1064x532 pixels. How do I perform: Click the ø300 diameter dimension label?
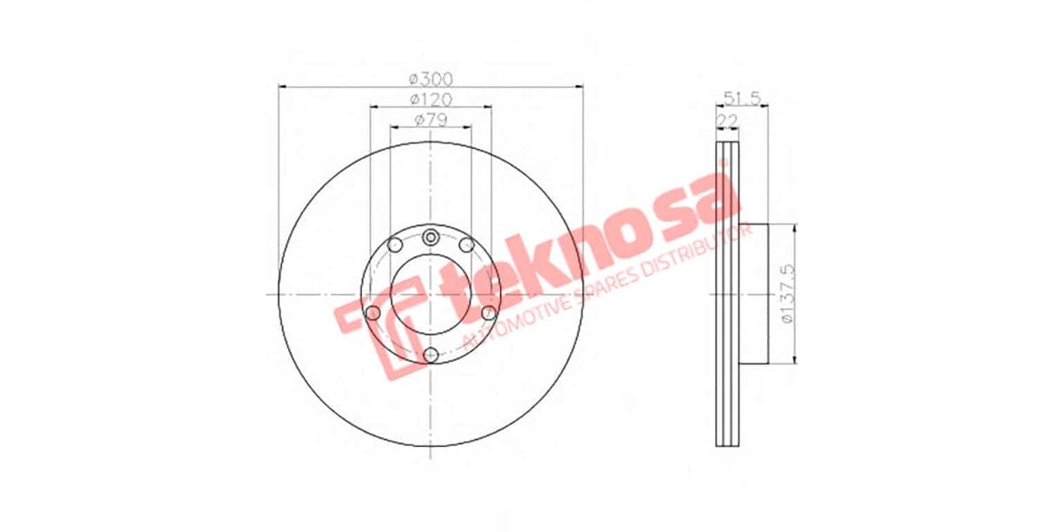(x=431, y=78)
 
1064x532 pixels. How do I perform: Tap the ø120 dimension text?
(x=431, y=98)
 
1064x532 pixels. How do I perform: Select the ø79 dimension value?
(x=431, y=120)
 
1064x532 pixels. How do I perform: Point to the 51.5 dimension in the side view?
(x=743, y=98)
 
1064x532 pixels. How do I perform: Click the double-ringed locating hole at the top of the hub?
(x=431, y=236)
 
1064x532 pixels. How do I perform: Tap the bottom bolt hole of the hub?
(x=431, y=355)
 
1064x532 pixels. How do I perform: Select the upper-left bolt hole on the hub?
(x=395, y=244)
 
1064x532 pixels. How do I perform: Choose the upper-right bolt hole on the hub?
(x=466, y=244)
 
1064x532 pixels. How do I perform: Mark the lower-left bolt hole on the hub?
(x=372, y=313)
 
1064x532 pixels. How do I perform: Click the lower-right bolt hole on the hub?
(x=489, y=313)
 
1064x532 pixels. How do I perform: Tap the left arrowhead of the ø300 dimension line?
(x=283, y=86)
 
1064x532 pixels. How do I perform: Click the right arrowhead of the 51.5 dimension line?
(x=765, y=106)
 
